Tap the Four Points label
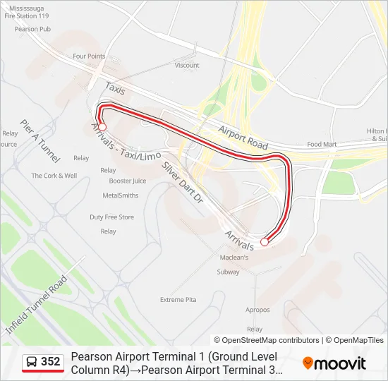[88, 56]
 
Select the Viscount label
[187, 66]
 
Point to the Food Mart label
[322, 144]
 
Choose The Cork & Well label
[54, 176]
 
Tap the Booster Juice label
[128, 181]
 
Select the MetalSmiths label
[121, 195]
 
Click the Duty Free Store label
[111, 217]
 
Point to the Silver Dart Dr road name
[183, 182]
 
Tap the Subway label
[228, 272]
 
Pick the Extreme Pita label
[178, 300]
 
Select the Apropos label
[257, 310]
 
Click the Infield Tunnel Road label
[36, 305]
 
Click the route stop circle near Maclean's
[265, 242]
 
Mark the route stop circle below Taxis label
[102, 127]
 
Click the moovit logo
[334, 363]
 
